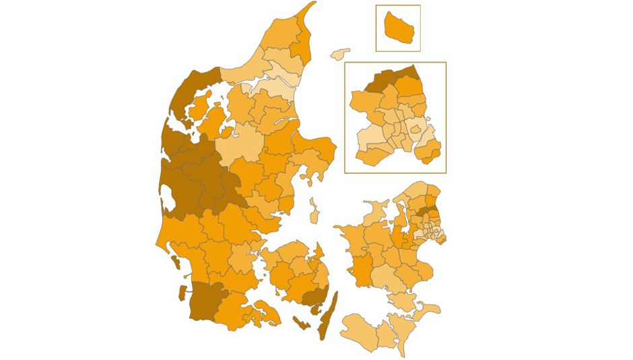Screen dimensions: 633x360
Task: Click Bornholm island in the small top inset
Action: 397,28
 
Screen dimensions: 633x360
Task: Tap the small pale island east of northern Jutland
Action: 341,53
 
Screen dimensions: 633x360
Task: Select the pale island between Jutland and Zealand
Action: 314,211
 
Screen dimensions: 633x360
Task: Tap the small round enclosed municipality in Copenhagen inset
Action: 416,129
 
